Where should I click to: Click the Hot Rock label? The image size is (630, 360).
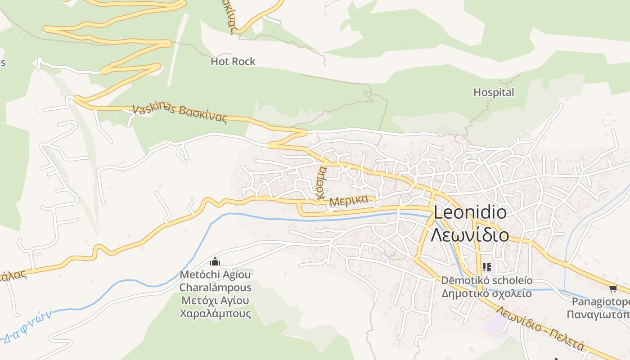point(233,62)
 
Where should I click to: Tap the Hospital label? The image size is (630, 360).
point(493,93)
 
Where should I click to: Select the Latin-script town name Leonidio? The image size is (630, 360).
point(470,212)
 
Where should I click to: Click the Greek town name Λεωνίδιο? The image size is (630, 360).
point(470,235)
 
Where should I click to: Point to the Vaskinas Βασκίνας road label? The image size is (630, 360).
point(180,113)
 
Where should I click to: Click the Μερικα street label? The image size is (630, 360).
point(349,201)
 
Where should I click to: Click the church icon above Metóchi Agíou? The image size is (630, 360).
point(215,261)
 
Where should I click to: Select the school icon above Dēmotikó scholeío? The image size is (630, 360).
point(486,267)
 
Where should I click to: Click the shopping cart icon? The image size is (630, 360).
point(612,288)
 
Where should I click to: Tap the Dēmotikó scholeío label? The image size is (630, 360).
point(486,281)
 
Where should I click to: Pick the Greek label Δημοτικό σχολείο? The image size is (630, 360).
point(486,294)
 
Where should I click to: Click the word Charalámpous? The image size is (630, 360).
point(215,288)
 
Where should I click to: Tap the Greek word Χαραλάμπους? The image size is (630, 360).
point(215,314)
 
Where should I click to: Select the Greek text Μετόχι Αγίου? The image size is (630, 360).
point(215,301)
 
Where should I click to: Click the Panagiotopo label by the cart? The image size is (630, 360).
point(600,301)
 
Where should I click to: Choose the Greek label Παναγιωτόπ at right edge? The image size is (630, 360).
point(598,315)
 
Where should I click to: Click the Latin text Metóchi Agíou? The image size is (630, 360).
point(215,274)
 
